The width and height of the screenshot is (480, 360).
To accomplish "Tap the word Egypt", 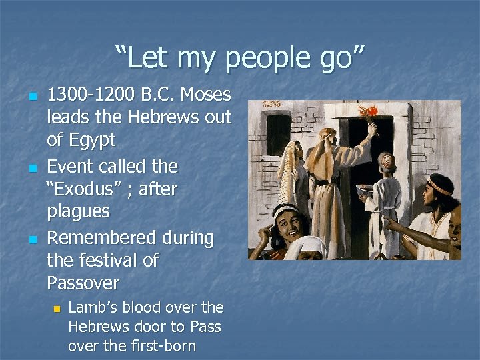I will [92, 141].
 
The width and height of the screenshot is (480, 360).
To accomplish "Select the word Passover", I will [83, 283].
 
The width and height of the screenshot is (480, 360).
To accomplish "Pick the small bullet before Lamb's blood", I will [57, 309].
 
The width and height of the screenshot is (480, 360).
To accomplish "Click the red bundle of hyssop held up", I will [367, 113].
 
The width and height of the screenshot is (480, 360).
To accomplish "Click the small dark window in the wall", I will [279, 133].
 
